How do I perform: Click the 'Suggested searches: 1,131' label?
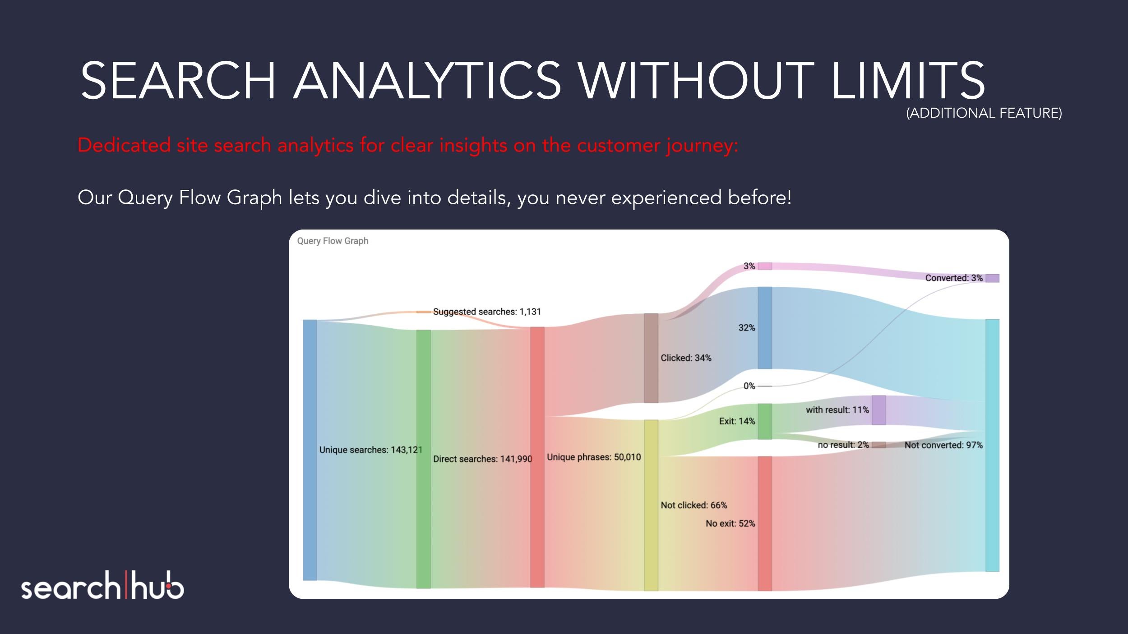(487, 312)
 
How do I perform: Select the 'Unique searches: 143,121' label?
(371, 450)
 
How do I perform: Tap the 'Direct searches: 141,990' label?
(483, 459)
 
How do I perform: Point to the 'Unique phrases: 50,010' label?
(594, 457)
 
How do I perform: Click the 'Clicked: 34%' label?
(686, 358)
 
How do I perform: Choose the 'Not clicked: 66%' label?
(694, 505)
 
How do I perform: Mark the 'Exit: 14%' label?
(737, 421)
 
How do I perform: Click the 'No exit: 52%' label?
(730, 523)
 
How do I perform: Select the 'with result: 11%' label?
(837, 409)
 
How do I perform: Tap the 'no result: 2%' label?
(843, 445)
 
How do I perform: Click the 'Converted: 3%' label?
(954, 278)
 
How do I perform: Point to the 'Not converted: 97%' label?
(943, 445)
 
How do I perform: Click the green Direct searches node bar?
(423, 459)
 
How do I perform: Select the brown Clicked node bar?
(651, 358)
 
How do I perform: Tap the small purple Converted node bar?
(992, 278)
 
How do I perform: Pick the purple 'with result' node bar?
(878, 410)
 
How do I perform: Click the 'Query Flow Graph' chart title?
(333, 241)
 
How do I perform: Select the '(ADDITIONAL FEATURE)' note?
(984, 113)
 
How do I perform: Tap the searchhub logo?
(102, 585)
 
